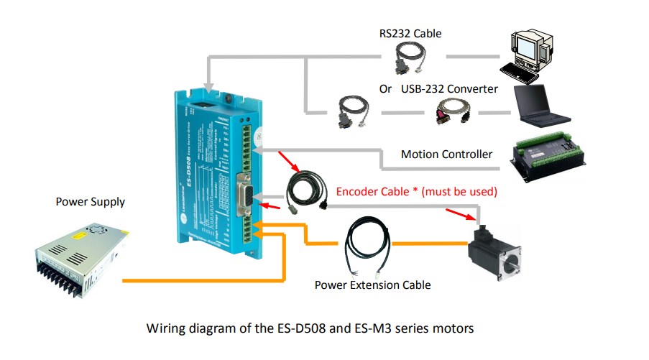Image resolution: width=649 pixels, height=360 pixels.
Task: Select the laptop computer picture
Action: pyautogui.click(x=541, y=105)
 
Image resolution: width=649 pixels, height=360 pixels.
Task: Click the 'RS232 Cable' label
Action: pyautogui.click(x=410, y=33)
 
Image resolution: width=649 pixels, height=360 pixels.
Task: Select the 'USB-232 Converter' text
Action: pyautogui.click(x=449, y=88)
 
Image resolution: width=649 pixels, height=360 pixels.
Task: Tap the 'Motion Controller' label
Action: pyautogui.click(x=446, y=154)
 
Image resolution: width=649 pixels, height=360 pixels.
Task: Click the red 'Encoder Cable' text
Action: pyautogui.click(x=417, y=192)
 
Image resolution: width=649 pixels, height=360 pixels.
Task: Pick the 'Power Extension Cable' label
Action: pyautogui.click(x=372, y=285)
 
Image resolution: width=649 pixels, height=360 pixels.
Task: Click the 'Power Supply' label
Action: pyautogui.click(x=90, y=201)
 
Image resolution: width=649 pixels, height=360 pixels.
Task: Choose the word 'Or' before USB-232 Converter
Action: pyautogui.click(x=385, y=88)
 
